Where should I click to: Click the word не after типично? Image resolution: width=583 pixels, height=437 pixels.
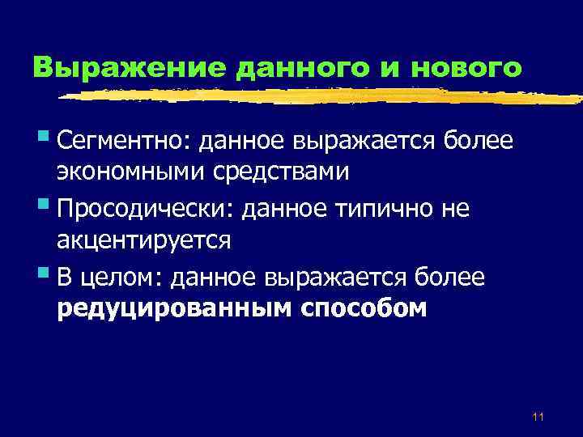tap(454, 209)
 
